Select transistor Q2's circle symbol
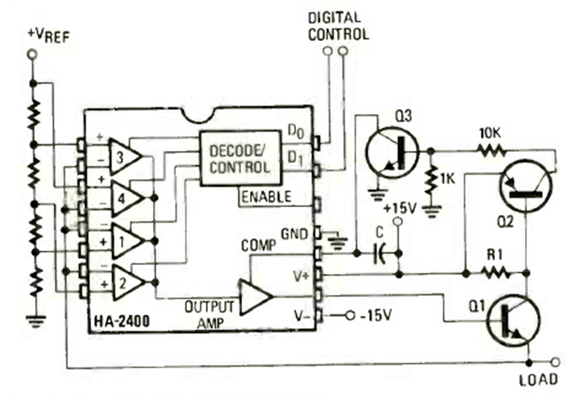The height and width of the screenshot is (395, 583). coord(526,185)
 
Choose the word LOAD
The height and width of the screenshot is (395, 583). coord(538,378)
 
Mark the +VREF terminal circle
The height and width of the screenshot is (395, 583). coord(32,55)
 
